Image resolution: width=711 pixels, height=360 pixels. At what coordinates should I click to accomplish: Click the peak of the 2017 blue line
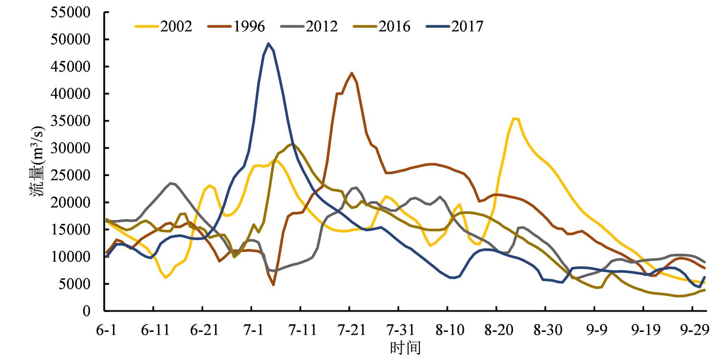(268, 44)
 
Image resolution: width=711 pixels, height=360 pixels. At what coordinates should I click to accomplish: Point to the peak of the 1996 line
(352, 73)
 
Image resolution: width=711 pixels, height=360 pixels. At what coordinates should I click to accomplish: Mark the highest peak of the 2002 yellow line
(514, 118)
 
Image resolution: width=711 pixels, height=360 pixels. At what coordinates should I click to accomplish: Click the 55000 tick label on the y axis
(70, 12)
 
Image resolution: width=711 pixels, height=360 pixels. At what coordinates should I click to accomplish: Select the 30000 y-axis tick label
(70, 148)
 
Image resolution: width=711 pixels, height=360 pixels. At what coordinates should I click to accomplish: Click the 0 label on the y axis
(86, 311)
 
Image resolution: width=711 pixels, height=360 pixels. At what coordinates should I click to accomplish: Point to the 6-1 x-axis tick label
(106, 331)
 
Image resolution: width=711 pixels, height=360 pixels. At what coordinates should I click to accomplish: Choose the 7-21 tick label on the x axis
(351, 331)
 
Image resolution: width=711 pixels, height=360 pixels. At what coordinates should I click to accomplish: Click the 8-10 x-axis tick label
(449, 331)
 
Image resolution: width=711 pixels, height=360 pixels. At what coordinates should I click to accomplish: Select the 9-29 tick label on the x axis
(694, 331)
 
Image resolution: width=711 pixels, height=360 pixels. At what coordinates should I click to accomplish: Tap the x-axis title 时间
(405, 348)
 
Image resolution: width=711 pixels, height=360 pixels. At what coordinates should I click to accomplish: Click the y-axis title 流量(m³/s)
(37, 162)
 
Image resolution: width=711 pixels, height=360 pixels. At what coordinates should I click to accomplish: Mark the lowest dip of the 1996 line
(273, 285)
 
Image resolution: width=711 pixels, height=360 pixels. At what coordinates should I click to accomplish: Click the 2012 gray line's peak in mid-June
(171, 183)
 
